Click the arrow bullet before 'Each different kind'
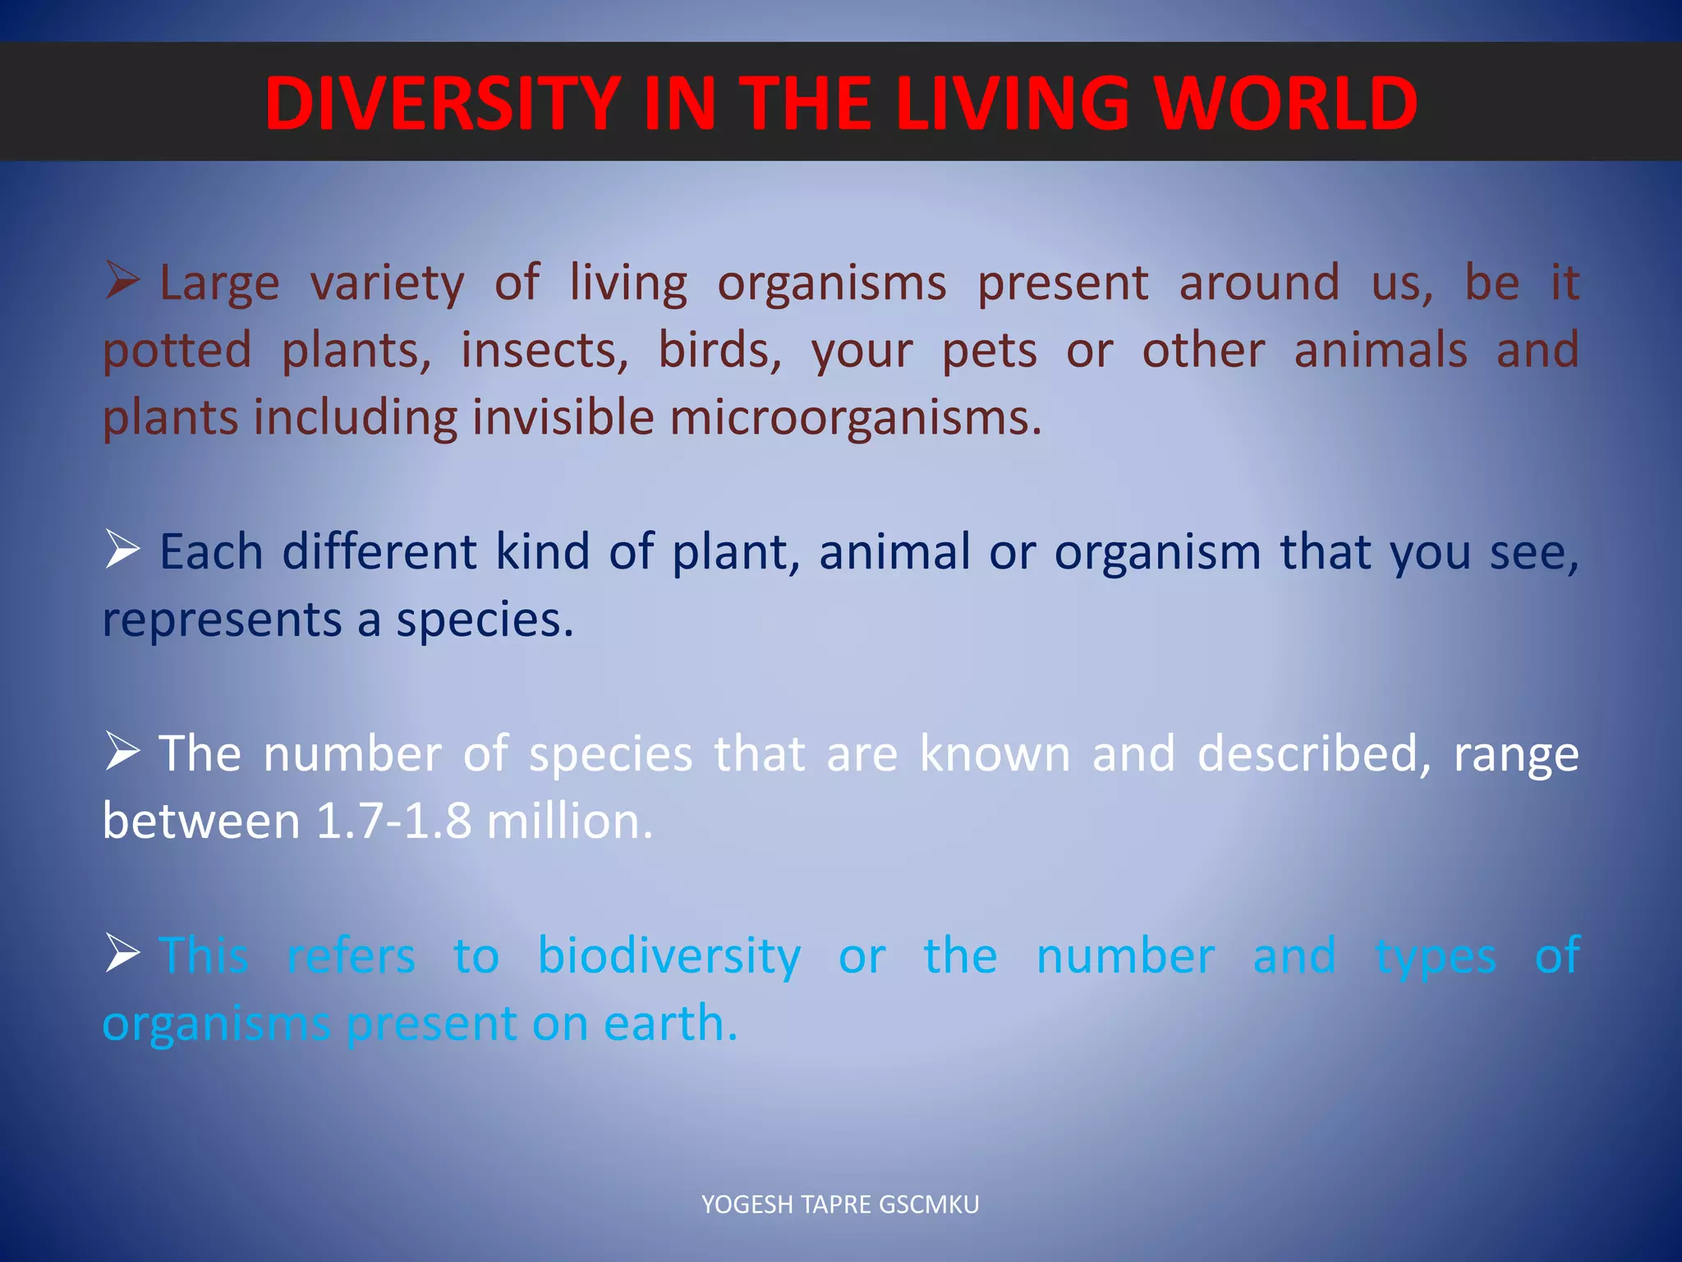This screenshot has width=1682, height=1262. (x=122, y=549)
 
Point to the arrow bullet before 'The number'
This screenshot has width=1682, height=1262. (x=122, y=751)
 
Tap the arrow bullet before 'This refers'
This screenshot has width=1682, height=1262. (x=122, y=954)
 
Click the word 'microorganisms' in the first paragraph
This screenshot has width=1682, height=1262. (x=854, y=417)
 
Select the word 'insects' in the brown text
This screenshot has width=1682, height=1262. (x=544, y=350)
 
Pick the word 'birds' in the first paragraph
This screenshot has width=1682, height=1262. (x=719, y=350)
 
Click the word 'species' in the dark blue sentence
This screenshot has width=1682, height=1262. (x=484, y=619)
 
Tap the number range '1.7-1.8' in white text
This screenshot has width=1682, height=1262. (x=393, y=821)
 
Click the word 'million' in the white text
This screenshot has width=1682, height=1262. (x=569, y=821)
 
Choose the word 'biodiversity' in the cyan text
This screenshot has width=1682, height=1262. (x=669, y=956)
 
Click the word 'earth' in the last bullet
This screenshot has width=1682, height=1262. (x=669, y=1023)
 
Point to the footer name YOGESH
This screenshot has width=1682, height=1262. (x=747, y=1204)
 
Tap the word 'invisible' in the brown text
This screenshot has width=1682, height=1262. (x=562, y=417)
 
